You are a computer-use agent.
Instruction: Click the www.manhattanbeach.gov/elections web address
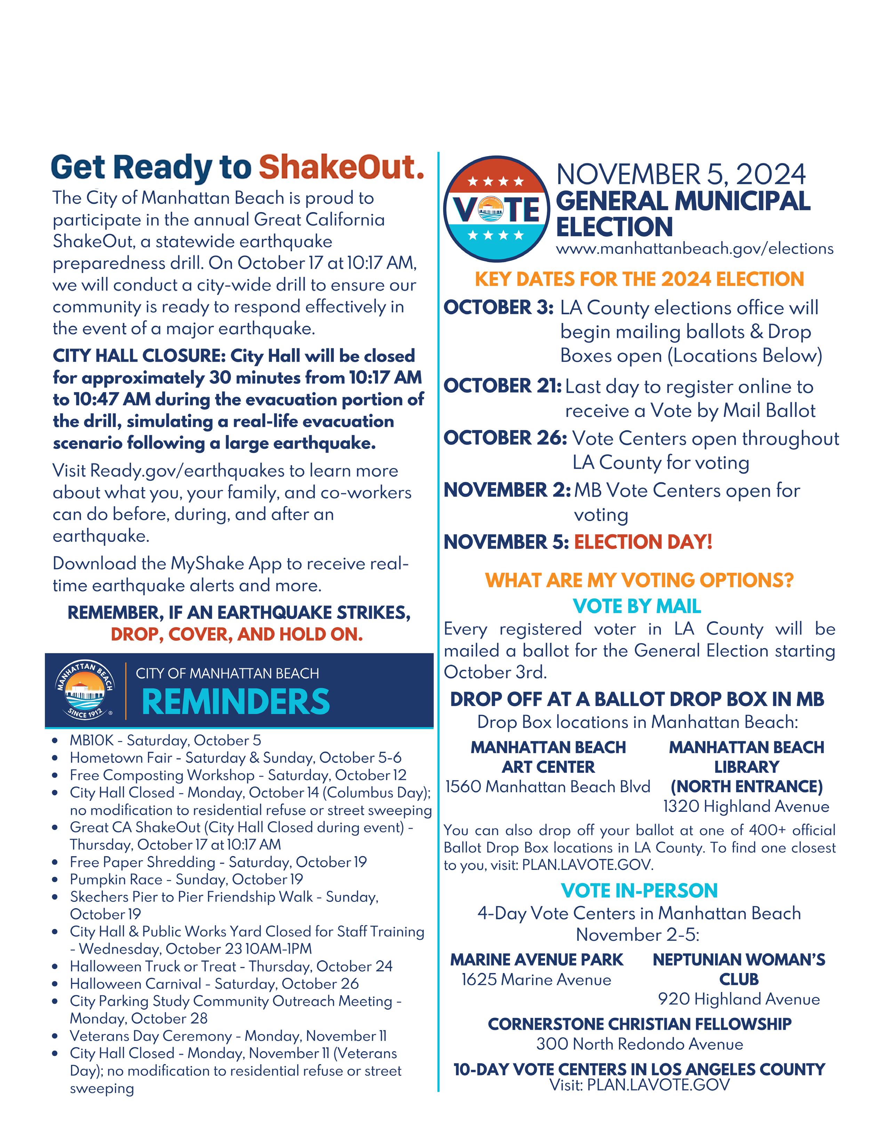pyautogui.click(x=694, y=249)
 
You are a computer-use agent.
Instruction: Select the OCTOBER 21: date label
pyautogui.click(x=502, y=386)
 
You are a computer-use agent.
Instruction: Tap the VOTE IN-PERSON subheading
pyautogui.click(x=639, y=891)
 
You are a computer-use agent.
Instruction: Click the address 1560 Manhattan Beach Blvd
pyautogui.click(x=547, y=787)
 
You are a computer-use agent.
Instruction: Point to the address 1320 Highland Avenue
pyautogui.click(x=746, y=806)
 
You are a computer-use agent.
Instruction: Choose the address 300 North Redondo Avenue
pyautogui.click(x=640, y=1044)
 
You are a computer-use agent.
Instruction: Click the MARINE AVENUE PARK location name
pyautogui.click(x=537, y=959)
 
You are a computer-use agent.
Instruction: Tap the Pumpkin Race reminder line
pyautogui.click(x=186, y=879)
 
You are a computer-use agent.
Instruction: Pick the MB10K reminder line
pyautogui.click(x=165, y=740)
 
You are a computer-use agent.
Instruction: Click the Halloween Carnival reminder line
pyautogui.click(x=214, y=984)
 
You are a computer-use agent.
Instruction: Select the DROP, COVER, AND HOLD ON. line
pyautogui.click(x=236, y=635)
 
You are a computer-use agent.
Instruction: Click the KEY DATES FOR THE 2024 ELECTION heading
pyautogui.click(x=639, y=279)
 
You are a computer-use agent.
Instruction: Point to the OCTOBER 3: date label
pyautogui.click(x=498, y=308)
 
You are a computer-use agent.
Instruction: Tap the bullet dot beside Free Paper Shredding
pyautogui.click(x=56, y=863)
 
